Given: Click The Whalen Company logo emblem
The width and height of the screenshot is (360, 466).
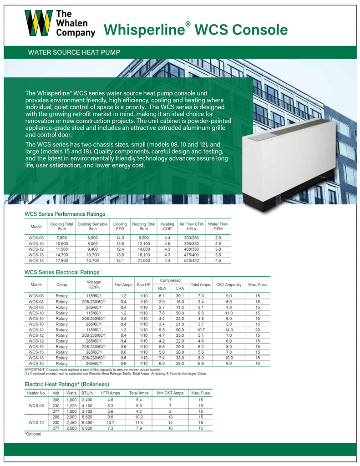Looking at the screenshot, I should (x=38, y=23).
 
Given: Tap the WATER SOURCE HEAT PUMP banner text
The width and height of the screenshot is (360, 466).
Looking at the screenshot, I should (x=74, y=52).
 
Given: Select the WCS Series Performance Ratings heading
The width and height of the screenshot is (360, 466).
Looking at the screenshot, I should (x=65, y=214).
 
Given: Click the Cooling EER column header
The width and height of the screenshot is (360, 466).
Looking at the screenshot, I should (x=120, y=227).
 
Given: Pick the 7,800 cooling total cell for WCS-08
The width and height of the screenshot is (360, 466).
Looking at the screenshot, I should (x=61, y=238).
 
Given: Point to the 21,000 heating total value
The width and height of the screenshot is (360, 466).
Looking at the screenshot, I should (x=143, y=260).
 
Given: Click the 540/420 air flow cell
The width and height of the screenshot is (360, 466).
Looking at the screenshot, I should (x=191, y=260).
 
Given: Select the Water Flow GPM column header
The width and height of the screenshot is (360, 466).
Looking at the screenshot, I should (x=218, y=227).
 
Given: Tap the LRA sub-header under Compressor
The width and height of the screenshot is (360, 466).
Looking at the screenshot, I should (x=180, y=288).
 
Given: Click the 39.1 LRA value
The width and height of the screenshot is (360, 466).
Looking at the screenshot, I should (x=180, y=296).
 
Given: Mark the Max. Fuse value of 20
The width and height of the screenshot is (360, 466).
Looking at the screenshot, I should (x=257, y=329).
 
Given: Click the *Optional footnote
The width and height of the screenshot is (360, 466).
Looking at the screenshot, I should (x=32, y=434).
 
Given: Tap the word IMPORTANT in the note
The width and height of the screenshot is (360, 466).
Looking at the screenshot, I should (x=35, y=370).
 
